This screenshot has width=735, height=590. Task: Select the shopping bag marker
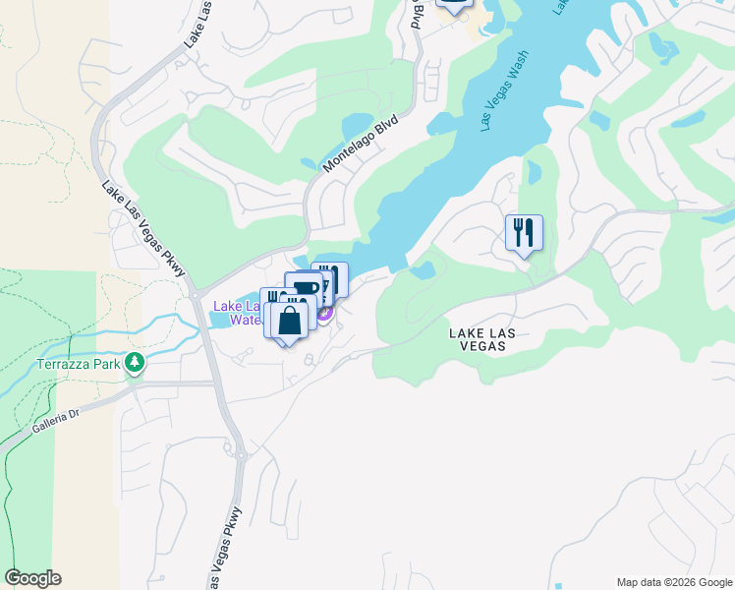291,321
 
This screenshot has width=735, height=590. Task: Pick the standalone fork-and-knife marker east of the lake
524,233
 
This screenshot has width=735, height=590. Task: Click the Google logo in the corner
32,578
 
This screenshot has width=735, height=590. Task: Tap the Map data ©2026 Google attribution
674,582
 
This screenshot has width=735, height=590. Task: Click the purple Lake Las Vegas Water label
236,312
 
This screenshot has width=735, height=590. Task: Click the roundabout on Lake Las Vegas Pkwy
238,453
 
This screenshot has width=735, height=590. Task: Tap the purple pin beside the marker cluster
324,315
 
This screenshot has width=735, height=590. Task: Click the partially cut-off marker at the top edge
453,5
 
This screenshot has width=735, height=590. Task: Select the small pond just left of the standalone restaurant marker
424,268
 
